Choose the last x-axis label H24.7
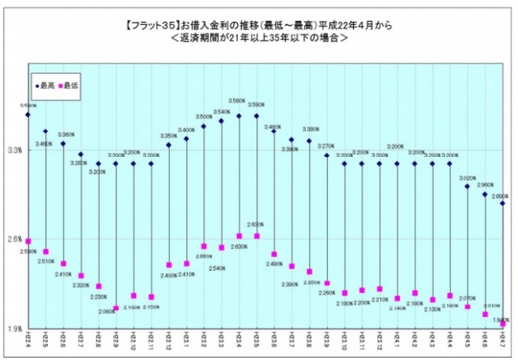[x=503, y=342]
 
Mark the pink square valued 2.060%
[x=116, y=308]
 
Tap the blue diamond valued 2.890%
[x=503, y=203]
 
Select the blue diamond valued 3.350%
[x=168, y=145]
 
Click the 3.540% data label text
[x=222, y=112]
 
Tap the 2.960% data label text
[x=485, y=185]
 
